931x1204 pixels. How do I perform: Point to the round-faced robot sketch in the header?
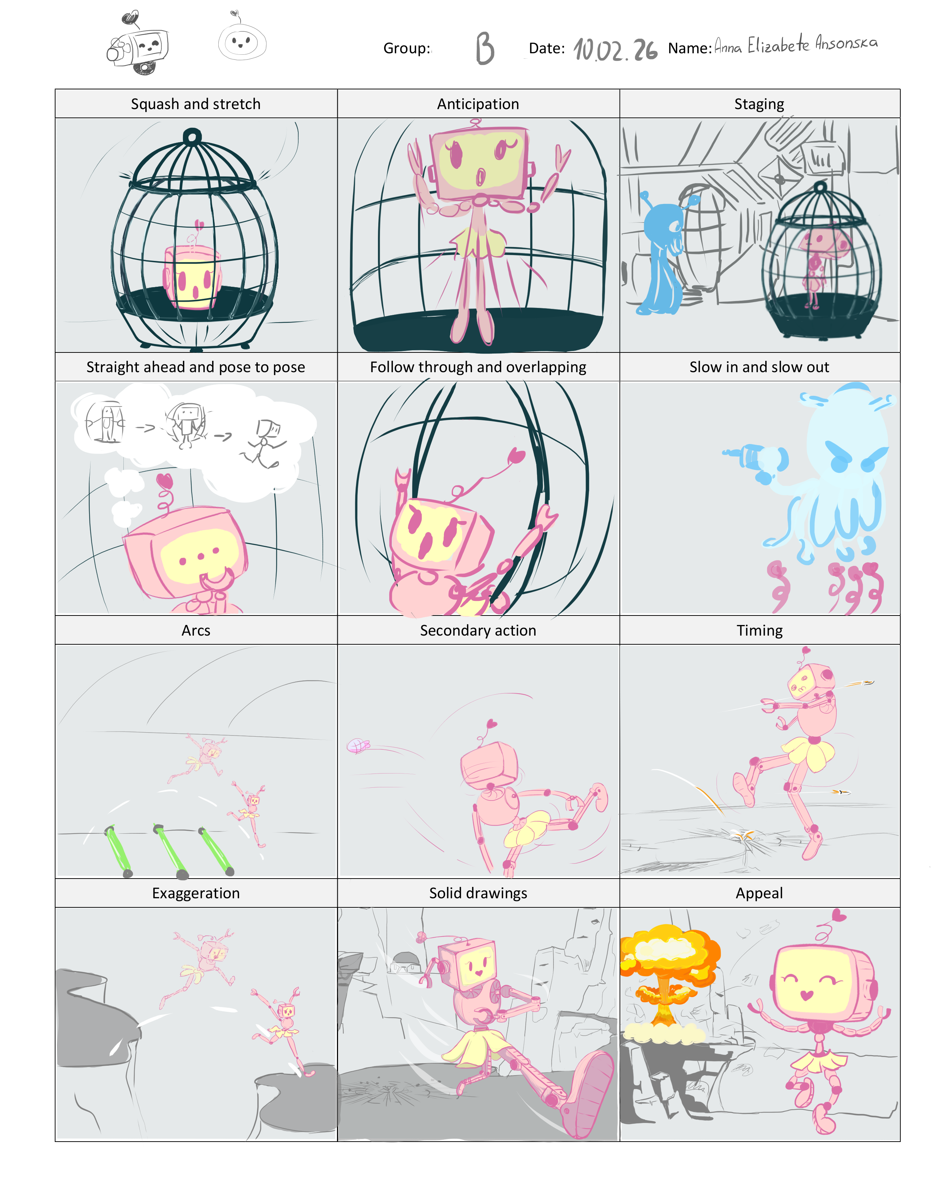[242, 39]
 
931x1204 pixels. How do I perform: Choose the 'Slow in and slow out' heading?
[759, 367]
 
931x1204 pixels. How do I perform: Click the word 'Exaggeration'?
[196, 893]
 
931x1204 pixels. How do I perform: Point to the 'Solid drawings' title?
[478, 893]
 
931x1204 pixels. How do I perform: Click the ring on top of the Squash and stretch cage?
[192, 136]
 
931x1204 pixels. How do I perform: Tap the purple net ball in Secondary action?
[357, 746]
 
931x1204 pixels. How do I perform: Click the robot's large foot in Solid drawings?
[587, 1094]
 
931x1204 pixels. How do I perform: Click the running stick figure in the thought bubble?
[264, 443]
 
